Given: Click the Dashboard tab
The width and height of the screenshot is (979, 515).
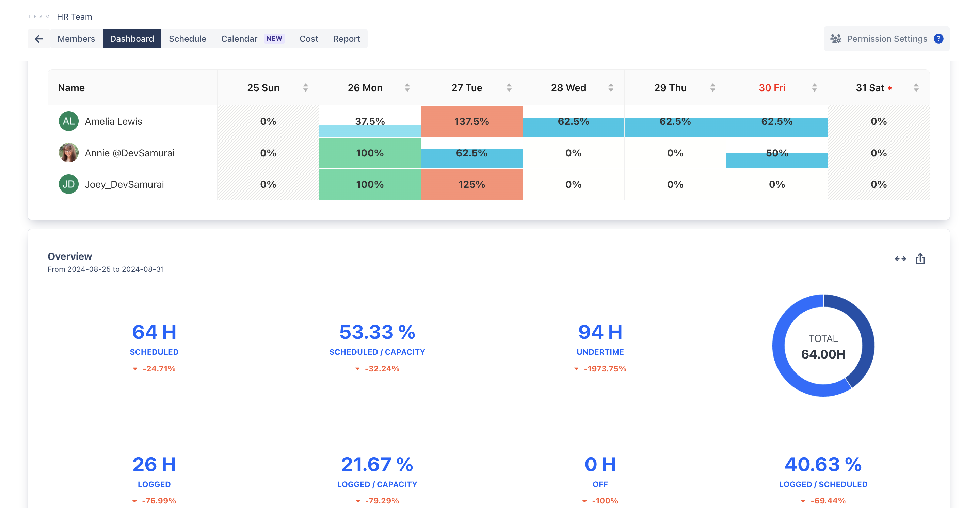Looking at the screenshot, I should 132,39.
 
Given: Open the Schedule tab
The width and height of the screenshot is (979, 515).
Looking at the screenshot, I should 187,39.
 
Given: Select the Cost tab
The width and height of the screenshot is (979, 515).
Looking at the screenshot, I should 309,39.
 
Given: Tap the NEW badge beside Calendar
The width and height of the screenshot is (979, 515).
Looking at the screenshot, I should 274,38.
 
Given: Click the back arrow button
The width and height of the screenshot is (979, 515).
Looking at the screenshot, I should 39,39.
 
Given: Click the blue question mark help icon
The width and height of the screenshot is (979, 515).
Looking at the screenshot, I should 938,39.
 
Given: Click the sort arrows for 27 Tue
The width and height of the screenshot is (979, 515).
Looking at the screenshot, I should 509,88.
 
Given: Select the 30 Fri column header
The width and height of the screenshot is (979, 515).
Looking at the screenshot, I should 772,88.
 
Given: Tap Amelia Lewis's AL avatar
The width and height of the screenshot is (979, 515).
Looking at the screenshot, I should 69,121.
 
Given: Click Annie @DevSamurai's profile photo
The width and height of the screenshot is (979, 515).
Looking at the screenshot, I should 69,153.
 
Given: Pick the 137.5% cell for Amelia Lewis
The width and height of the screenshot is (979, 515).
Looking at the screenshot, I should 471,121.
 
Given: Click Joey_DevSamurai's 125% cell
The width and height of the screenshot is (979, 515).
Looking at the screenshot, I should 471,184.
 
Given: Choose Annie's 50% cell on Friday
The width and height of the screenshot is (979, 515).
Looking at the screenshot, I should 777,153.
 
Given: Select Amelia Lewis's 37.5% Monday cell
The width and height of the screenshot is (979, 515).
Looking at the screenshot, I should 370,121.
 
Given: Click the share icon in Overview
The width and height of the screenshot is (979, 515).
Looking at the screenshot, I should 920,259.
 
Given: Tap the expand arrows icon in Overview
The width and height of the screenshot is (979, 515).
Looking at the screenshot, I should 900,259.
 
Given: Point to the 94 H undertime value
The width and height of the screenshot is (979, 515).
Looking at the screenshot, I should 600,332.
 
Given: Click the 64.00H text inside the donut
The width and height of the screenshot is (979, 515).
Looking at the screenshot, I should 823,354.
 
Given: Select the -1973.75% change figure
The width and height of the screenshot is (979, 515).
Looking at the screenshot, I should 605,369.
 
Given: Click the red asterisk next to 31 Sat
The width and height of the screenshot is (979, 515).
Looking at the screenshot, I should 890,88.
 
